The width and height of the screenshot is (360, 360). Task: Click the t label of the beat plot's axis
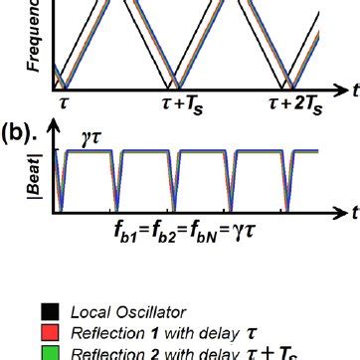coord(352,213)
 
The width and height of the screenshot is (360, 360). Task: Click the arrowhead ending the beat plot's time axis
coord(338,210)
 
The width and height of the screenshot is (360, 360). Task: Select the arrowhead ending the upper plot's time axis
coord(339,89)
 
